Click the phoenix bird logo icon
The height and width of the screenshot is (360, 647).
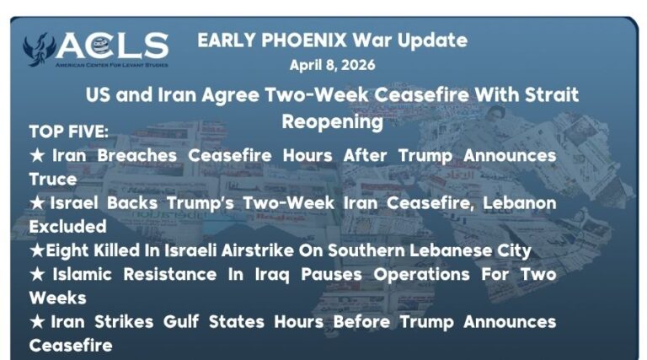38,49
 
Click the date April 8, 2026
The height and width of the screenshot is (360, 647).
332,65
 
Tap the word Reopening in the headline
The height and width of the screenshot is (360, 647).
332,121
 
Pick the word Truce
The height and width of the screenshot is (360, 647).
52,180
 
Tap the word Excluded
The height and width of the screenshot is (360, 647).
67,227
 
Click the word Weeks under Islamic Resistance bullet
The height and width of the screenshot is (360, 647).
57,298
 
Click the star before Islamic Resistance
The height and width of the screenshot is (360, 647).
36,275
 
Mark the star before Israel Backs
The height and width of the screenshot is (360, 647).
36,203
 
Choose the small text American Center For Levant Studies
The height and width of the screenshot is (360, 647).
111,64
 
